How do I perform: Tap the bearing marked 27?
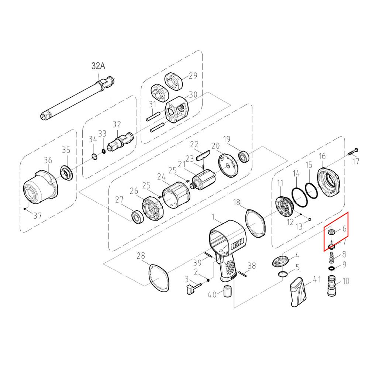pyautogui.click(x=138, y=217)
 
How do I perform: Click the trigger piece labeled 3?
pyautogui.click(x=194, y=287)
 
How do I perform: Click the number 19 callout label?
pyautogui.click(x=227, y=139)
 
